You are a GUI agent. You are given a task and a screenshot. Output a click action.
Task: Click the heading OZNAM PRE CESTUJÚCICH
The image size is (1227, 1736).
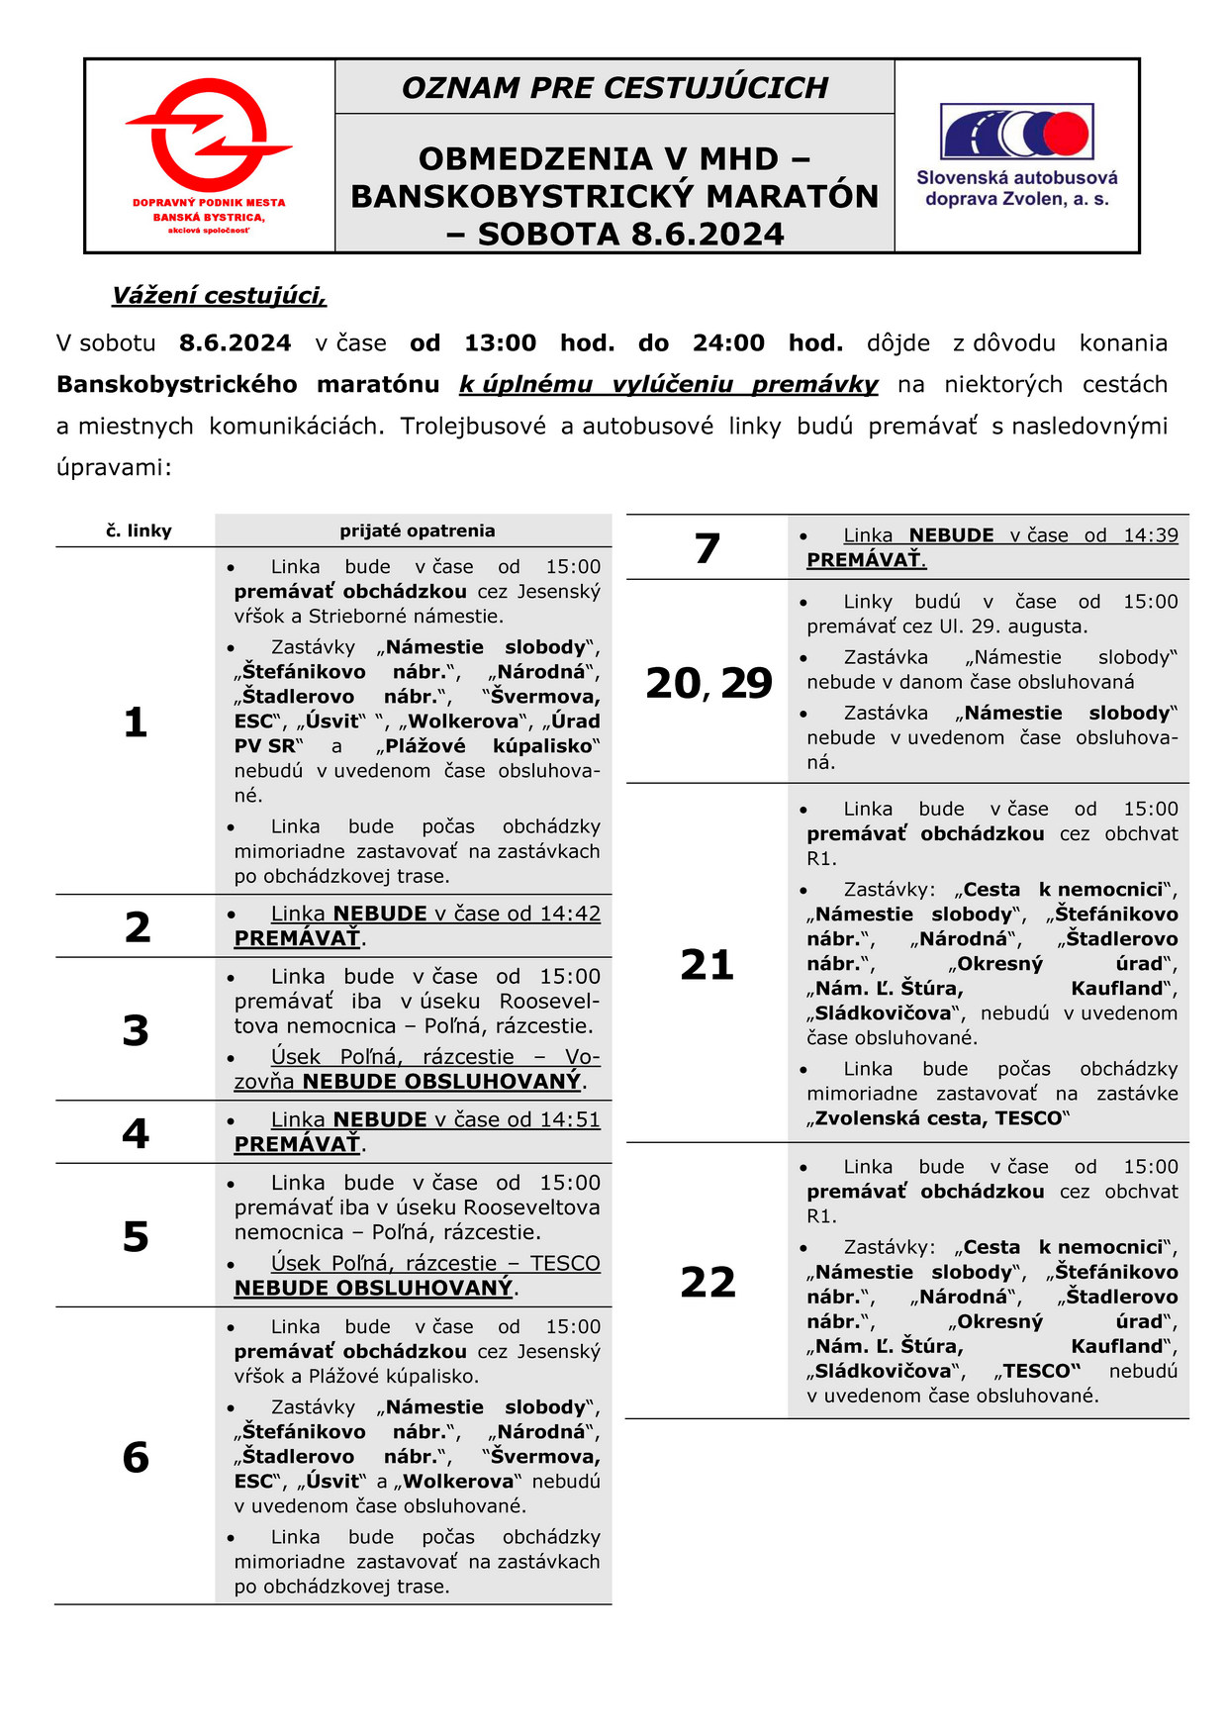click(x=614, y=88)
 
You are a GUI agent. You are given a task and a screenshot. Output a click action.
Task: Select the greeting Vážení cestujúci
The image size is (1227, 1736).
click(x=219, y=296)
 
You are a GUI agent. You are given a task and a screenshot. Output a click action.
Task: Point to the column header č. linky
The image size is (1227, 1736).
click(x=139, y=531)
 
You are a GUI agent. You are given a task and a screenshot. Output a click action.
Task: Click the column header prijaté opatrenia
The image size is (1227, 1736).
click(x=417, y=530)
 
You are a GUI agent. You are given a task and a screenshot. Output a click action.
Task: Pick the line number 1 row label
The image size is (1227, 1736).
click(x=136, y=723)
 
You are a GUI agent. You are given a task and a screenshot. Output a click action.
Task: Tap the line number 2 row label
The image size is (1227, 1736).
click(x=138, y=927)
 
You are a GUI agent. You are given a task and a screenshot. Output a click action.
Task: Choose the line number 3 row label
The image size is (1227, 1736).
click(x=136, y=1030)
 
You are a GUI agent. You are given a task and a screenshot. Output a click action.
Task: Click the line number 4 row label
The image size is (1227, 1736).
click(x=136, y=1133)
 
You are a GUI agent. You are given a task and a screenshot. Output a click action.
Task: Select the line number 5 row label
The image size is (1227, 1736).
click(x=136, y=1236)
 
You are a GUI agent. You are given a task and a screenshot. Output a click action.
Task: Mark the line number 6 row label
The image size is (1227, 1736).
click(x=136, y=1457)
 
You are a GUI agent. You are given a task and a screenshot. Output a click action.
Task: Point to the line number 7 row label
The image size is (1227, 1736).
click(x=708, y=548)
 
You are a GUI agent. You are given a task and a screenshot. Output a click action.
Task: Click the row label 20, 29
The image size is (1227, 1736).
click(x=708, y=683)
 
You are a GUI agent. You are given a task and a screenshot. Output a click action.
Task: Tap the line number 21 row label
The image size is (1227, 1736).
click(x=708, y=964)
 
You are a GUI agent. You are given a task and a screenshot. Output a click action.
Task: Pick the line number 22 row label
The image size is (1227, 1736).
click(x=708, y=1282)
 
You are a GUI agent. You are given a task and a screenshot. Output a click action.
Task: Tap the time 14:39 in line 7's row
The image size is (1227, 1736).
click(x=1150, y=535)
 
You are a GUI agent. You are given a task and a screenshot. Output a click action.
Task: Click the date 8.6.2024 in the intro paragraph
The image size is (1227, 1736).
click(x=235, y=343)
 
